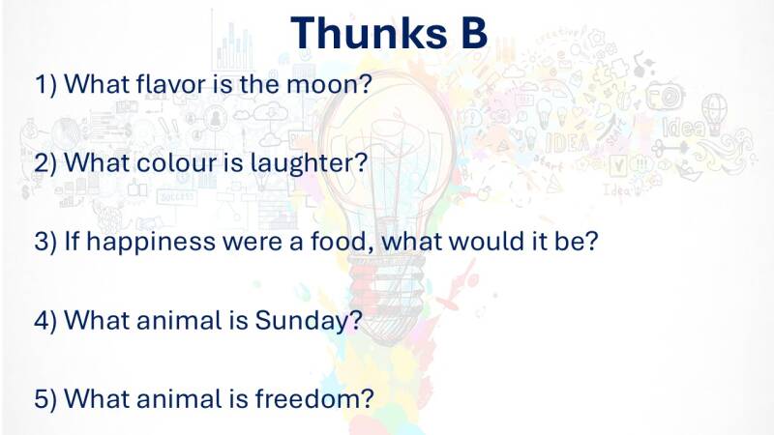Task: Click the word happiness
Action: (151, 243)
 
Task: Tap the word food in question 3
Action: (339, 241)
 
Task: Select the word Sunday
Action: (303, 321)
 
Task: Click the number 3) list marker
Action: (45, 243)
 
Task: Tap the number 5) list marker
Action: (45, 399)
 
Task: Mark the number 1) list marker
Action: (45, 84)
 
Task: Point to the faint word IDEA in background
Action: (568, 142)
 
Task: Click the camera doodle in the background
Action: (665, 95)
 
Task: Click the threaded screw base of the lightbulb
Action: (385, 285)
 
